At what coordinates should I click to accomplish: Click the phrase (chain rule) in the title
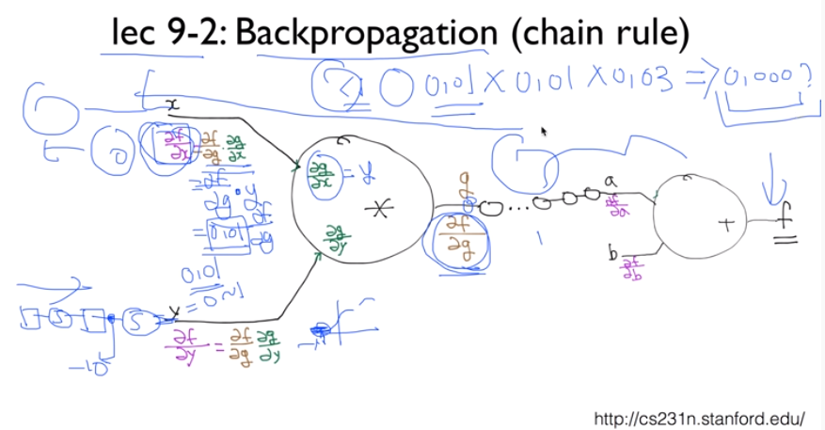(x=596, y=33)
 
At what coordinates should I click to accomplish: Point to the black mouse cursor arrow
(x=544, y=133)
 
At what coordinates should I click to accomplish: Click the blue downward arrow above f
(x=774, y=179)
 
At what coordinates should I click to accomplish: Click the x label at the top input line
(x=173, y=106)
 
